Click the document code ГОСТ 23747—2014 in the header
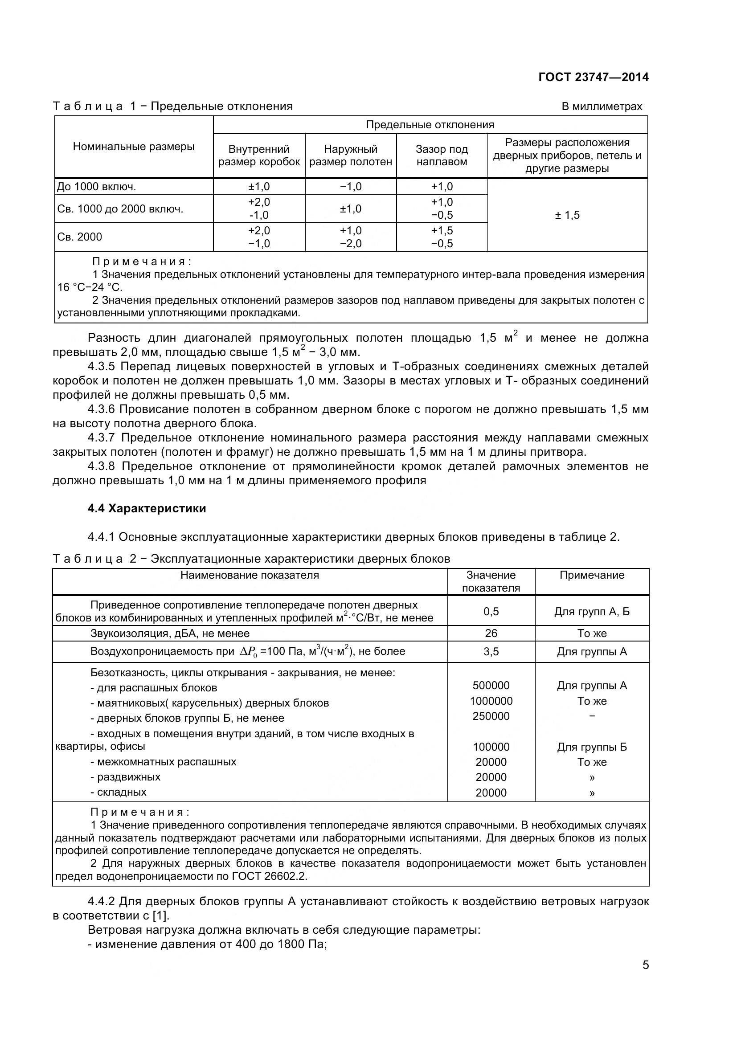point(593,77)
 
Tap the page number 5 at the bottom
point(645,965)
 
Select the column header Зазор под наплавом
point(442,155)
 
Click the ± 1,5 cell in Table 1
point(567,215)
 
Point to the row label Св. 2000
point(80,237)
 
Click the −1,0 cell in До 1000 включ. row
point(350,187)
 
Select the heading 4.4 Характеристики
point(147,508)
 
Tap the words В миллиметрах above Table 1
point(602,106)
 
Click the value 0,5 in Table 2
point(491,611)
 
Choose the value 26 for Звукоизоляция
point(491,633)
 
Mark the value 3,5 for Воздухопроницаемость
point(491,651)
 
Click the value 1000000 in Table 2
point(491,701)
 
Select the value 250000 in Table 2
point(491,716)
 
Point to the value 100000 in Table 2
point(491,747)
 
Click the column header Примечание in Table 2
point(592,575)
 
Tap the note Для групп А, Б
point(592,611)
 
